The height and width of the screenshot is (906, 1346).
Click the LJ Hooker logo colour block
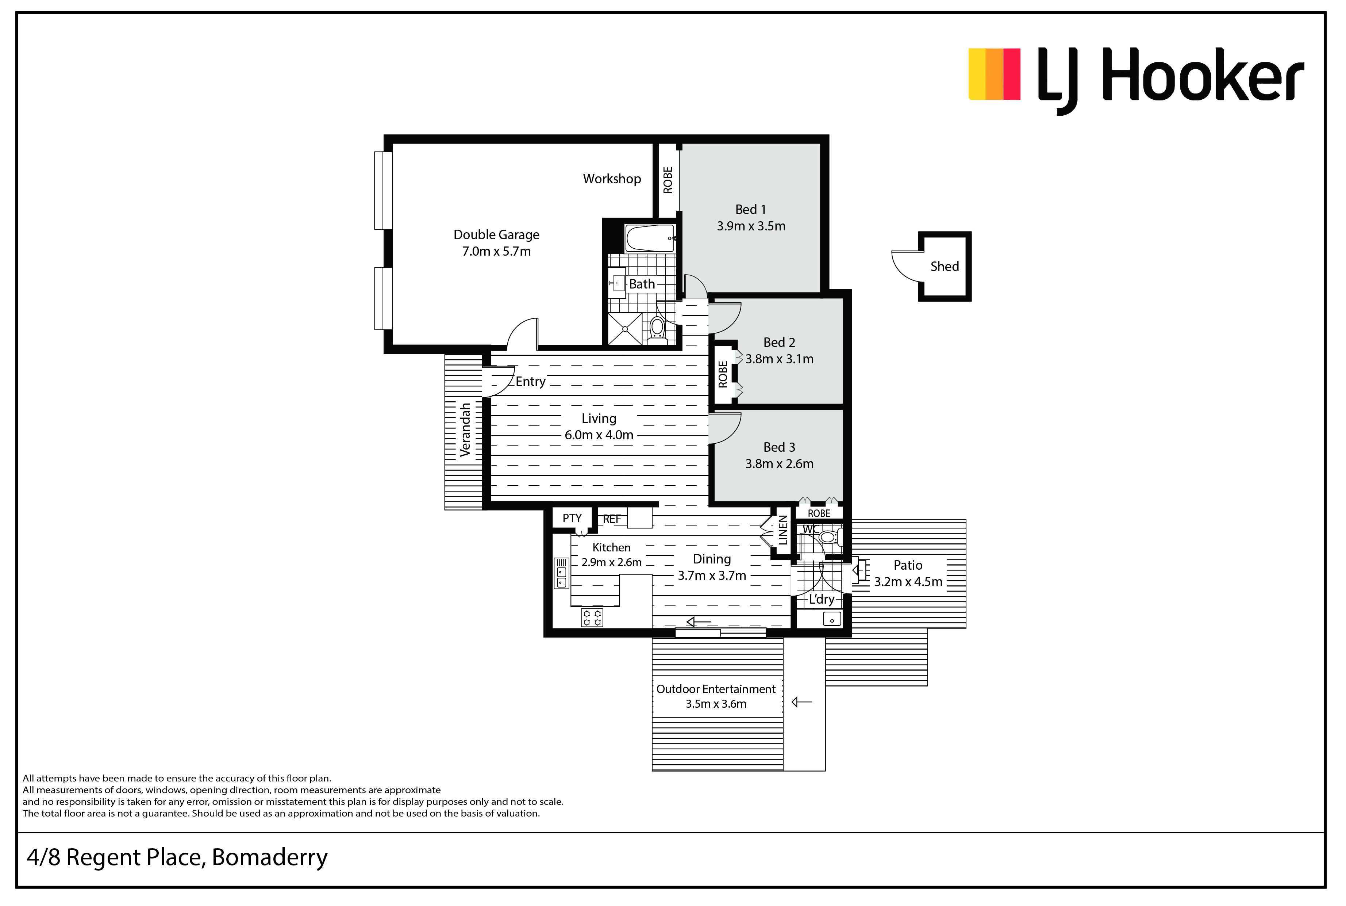(994, 74)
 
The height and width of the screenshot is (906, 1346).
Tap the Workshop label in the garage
(612, 179)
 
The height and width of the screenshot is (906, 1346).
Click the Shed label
(944, 266)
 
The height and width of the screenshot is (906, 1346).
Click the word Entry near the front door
(530, 382)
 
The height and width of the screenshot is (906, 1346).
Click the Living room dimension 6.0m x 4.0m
(599, 435)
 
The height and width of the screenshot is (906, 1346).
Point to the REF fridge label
(612, 519)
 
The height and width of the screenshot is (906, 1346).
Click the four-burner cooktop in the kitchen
(592, 618)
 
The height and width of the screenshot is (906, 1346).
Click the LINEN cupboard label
(783, 531)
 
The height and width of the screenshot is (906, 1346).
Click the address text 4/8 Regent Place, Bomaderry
(177, 857)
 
